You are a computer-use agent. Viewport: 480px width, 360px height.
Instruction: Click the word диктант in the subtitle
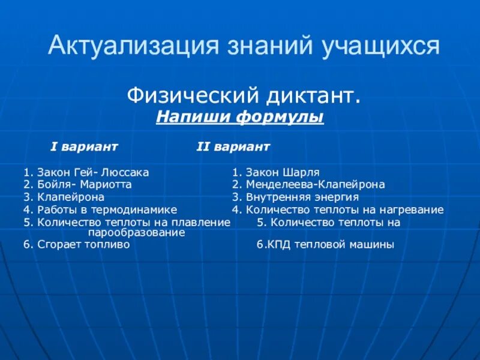coord(312,94)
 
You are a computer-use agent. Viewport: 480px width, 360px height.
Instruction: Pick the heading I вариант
coord(84,146)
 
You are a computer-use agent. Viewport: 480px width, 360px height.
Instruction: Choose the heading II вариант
coord(233,146)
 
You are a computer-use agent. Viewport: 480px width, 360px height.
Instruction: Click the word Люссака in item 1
coord(127,172)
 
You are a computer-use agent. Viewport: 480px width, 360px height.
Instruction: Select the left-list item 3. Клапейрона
coord(64,197)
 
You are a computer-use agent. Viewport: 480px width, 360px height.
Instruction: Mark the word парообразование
coord(136,232)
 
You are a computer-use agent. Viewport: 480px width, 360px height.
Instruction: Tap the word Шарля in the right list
coord(304,172)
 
